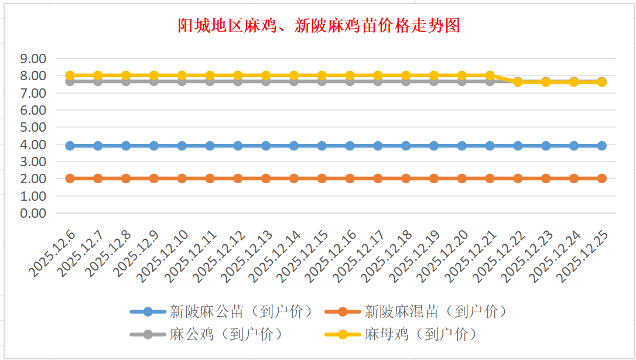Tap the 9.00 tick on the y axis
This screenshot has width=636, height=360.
pos(33,59)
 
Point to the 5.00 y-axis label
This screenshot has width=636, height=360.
pos(33,127)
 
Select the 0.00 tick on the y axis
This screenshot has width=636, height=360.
pos(33,213)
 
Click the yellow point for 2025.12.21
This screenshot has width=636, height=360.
pos(490,76)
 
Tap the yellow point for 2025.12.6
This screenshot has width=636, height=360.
pos(70,76)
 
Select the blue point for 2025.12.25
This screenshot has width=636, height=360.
pos(602,146)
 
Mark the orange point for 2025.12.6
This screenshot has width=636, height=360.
pos(70,179)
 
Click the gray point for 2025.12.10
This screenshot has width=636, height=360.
pos(182,81)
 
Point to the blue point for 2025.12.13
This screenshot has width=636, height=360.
pos(266,146)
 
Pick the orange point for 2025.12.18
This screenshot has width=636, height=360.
pos(406,179)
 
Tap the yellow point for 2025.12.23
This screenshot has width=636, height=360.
pos(546,82)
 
